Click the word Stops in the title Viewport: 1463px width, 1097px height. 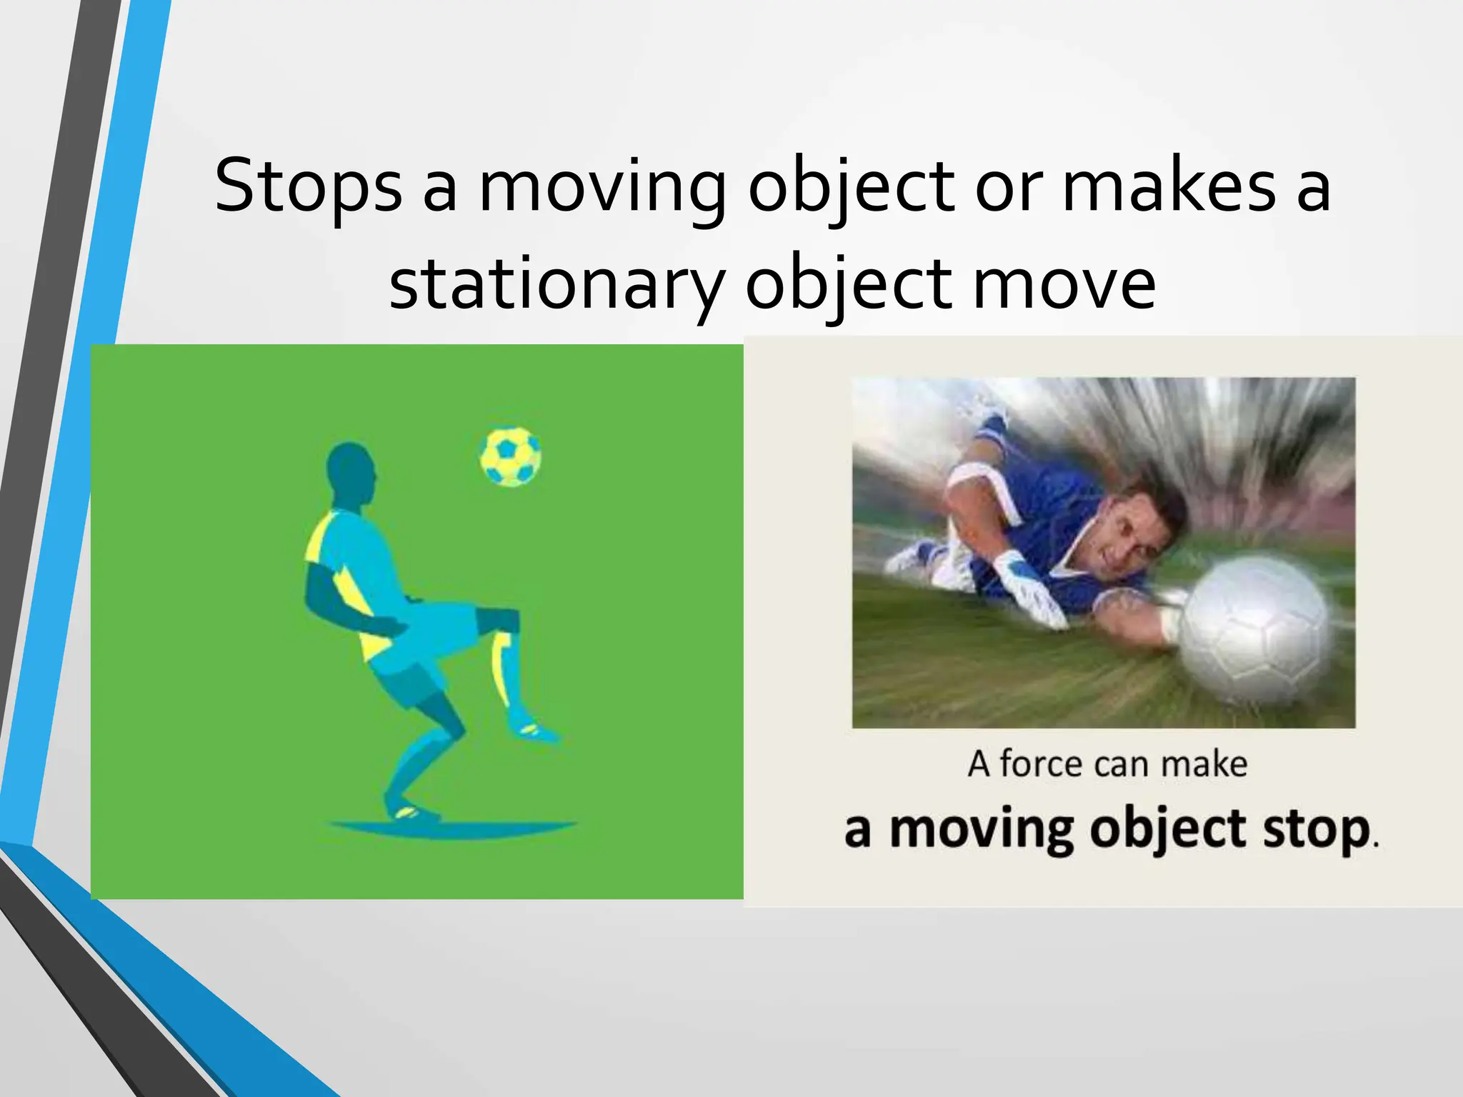click(x=308, y=187)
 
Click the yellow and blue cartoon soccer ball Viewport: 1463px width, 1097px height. click(x=510, y=457)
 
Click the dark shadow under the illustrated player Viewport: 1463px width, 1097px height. click(x=454, y=828)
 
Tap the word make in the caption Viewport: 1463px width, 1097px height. click(x=1204, y=763)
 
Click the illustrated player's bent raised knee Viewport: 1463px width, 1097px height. click(x=500, y=620)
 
